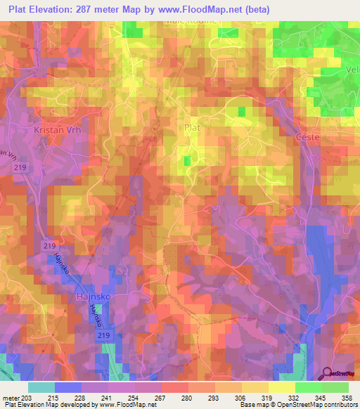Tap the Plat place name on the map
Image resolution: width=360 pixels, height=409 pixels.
coord(192,128)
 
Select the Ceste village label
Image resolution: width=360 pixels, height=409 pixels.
coord(308,137)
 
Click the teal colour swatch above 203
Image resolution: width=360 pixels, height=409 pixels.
coord(41,387)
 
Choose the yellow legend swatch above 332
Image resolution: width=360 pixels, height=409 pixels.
coord(281,387)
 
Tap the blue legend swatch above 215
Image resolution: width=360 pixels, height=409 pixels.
coord(68,387)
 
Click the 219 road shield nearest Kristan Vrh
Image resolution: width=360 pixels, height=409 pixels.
coord(20,168)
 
